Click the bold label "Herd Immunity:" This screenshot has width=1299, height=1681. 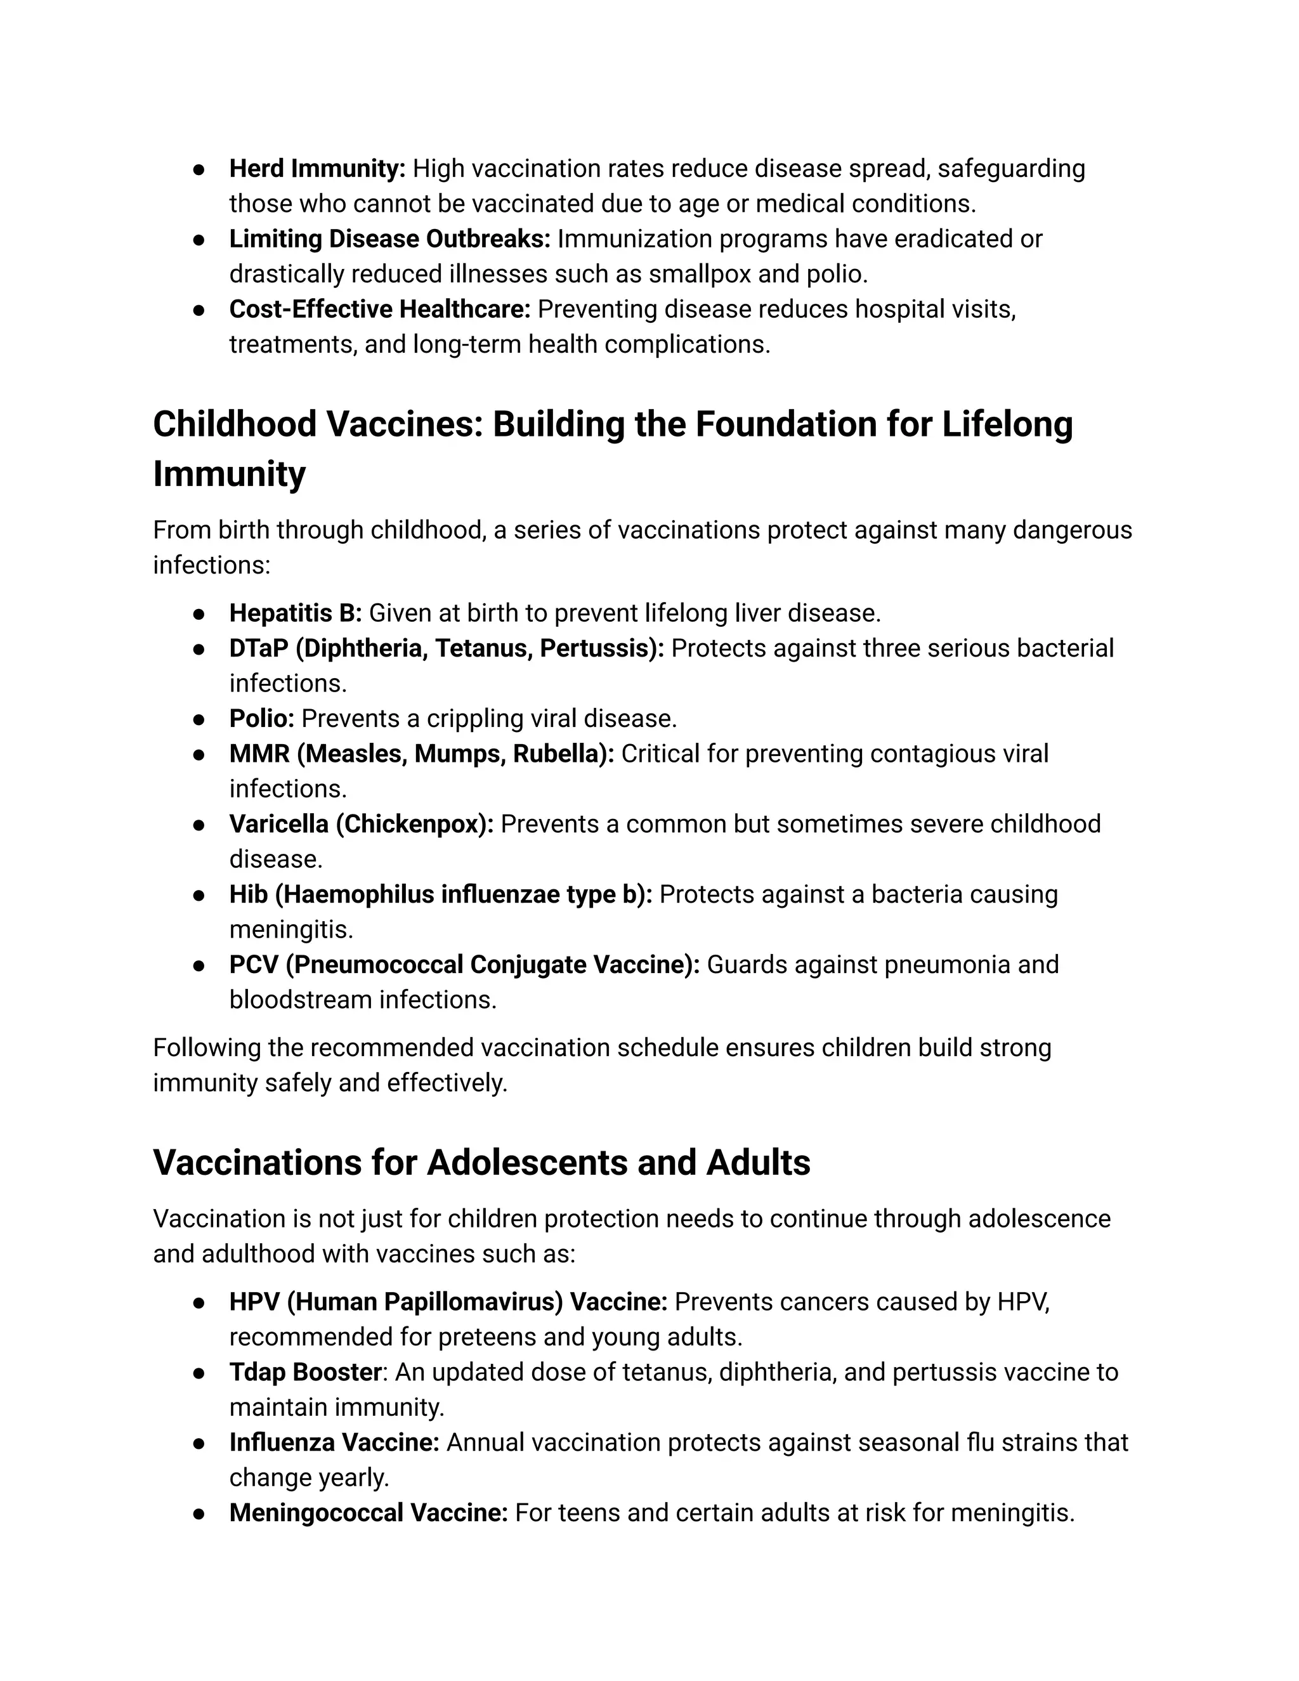click(x=317, y=169)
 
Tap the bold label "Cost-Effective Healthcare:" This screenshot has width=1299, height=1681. click(x=379, y=310)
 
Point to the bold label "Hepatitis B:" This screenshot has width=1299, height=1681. click(x=296, y=613)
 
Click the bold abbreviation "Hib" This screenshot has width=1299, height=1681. click(x=248, y=894)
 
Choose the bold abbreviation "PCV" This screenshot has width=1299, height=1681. click(x=253, y=965)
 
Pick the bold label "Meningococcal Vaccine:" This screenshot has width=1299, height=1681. click(x=368, y=1513)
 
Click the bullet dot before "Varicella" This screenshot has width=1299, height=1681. click(x=199, y=825)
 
